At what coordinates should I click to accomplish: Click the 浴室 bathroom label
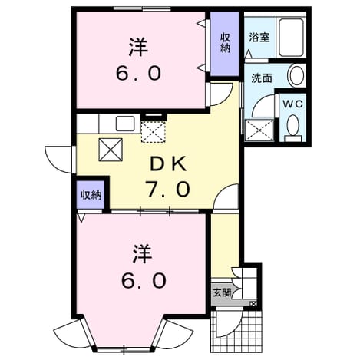(x=259, y=38)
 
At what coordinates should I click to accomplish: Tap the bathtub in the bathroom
(x=291, y=38)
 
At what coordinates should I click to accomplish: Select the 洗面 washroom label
(x=261, y=78)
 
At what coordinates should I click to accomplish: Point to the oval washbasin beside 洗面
(x=296, y=75)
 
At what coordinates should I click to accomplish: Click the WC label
(x=292, y=104)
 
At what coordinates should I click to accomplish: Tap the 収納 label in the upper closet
(x=225, y=43)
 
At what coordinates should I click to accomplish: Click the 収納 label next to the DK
(x=91, y=196)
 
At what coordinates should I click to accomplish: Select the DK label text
(x=168, y=164)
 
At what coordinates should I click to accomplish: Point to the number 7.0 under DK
(x=167, y=189)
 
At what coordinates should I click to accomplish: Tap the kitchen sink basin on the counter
(x=125, y=124)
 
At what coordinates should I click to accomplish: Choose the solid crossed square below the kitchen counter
(x=111, y=150)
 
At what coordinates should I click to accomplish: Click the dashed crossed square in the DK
(x=154, y=131)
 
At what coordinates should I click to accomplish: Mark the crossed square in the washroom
(x=259, y=130)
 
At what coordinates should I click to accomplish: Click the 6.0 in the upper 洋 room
(x=138, y=74)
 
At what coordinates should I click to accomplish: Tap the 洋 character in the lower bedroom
(x=143, y=254)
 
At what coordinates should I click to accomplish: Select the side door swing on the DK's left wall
(x=59, y=159)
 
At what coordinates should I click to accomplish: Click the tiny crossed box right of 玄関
(x=254, y=304)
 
